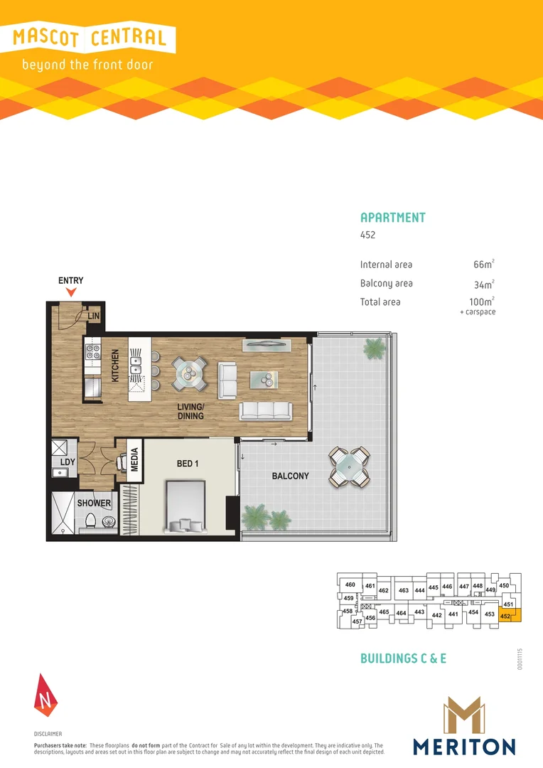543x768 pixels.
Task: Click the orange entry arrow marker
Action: (x=71, y=292)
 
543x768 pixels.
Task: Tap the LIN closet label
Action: (x=93, y=316)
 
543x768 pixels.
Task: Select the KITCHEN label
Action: (x=114, y=366)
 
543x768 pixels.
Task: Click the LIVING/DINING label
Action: (x=190, y=412)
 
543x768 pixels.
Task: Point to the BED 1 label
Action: (x=188, y=464)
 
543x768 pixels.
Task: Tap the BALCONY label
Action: (x=290, y=476)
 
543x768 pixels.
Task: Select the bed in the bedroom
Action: (x=186, y=507)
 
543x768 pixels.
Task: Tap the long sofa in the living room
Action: (x=266, y=411)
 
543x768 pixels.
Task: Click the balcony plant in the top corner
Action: (x=372, y=348)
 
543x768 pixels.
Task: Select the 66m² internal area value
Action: (x=483, y=265)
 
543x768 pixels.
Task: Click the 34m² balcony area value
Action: (x=483, y=284)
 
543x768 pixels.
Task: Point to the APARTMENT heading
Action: (x=393, y=218)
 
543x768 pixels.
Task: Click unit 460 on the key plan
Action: (x=350, y=585)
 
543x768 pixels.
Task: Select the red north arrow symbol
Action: (x=44, y=694)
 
